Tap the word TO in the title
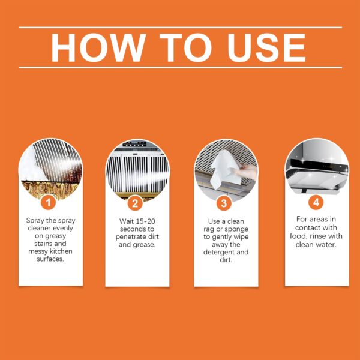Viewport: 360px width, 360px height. [x=182, y=47]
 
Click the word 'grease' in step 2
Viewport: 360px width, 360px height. [x=148, y=244]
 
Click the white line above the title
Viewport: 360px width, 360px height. [x=180, y=27]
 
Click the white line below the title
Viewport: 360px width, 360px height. [x=180, y=67]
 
